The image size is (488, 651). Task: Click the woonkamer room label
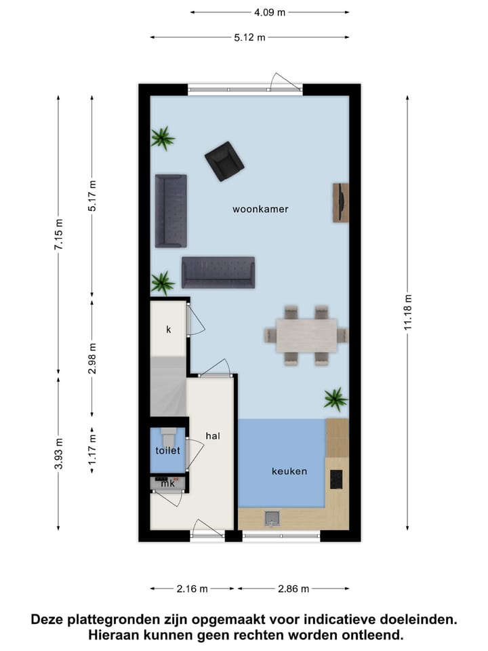[x=260, y=210]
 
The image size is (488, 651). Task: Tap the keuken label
[x=289, y=471]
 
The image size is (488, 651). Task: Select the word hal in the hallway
[x=213, y=436]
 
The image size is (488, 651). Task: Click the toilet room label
[x=167, y=450]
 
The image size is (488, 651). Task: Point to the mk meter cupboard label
[x=167, y=484]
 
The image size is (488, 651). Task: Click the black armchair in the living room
[x=224, y=161]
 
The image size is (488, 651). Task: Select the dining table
[x=306, y=335]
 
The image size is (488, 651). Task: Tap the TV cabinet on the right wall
[x=340, y=202]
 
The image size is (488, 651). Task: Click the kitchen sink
[x=272, y=519]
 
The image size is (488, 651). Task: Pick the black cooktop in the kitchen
[x=336, y=479]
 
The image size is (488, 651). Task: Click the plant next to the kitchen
[x=335, y=399]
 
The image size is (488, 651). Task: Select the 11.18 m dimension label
[x=407, y=313]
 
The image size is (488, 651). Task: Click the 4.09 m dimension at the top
[x=270, y=12]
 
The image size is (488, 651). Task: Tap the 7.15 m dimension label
[x=58, y=235]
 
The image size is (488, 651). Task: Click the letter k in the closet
[x=168, y=330]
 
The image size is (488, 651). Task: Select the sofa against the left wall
[x=170, y=211]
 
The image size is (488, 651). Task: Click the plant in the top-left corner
[x=163, y=138]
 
